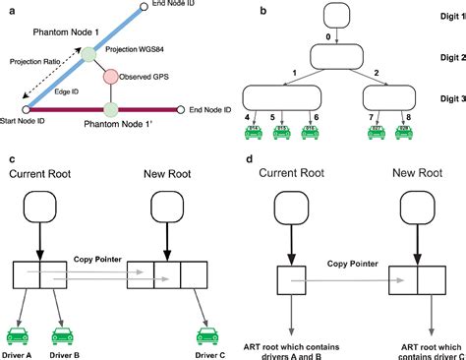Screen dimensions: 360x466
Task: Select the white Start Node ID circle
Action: [x=26, y=109]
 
